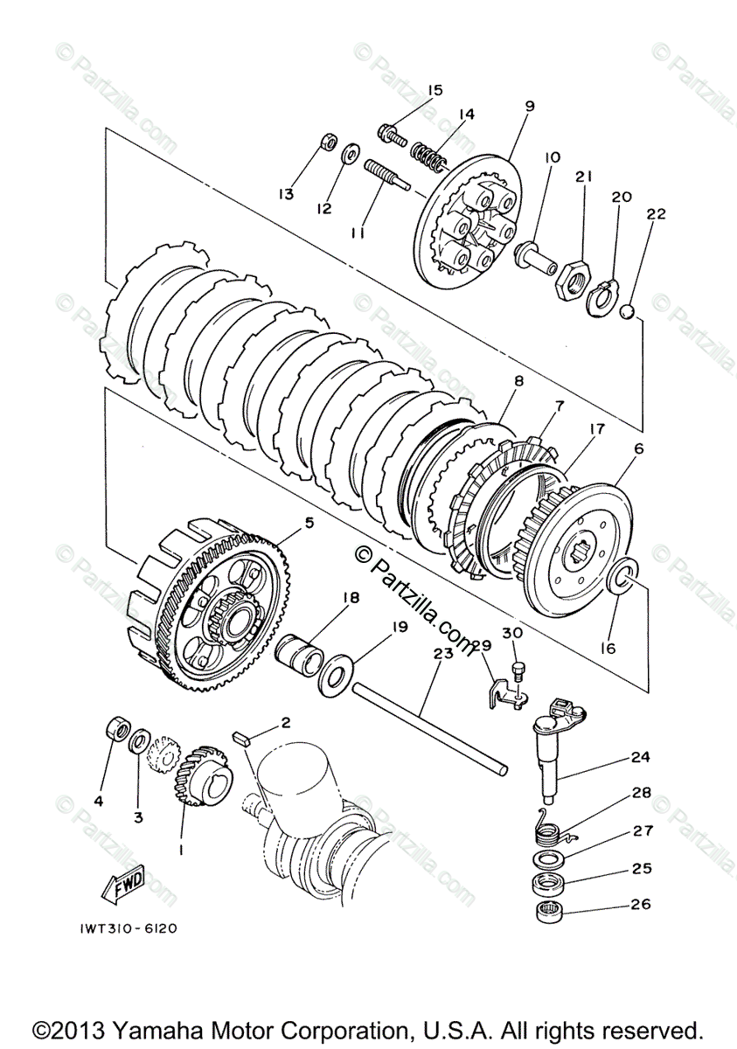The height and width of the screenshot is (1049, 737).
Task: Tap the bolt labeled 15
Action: click(x=390, y=134)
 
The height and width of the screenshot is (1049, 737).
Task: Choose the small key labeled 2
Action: click(x=242, y=737)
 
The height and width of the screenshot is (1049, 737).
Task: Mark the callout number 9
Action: click(x=529, y=106)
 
